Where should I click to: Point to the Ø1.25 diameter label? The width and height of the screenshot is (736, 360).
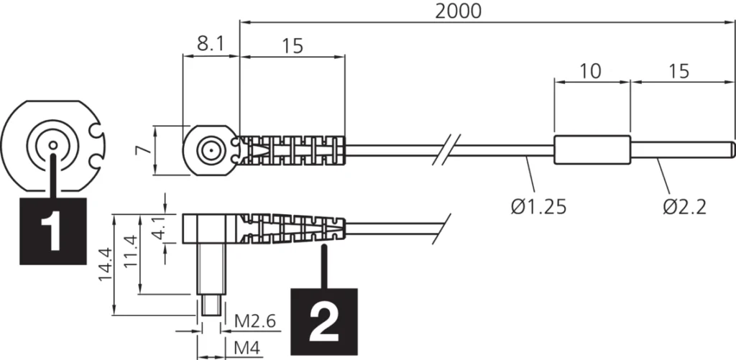[538, 206]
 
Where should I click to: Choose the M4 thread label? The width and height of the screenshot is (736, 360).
[247, 349]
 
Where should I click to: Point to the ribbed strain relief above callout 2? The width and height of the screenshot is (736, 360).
[295, 229]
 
